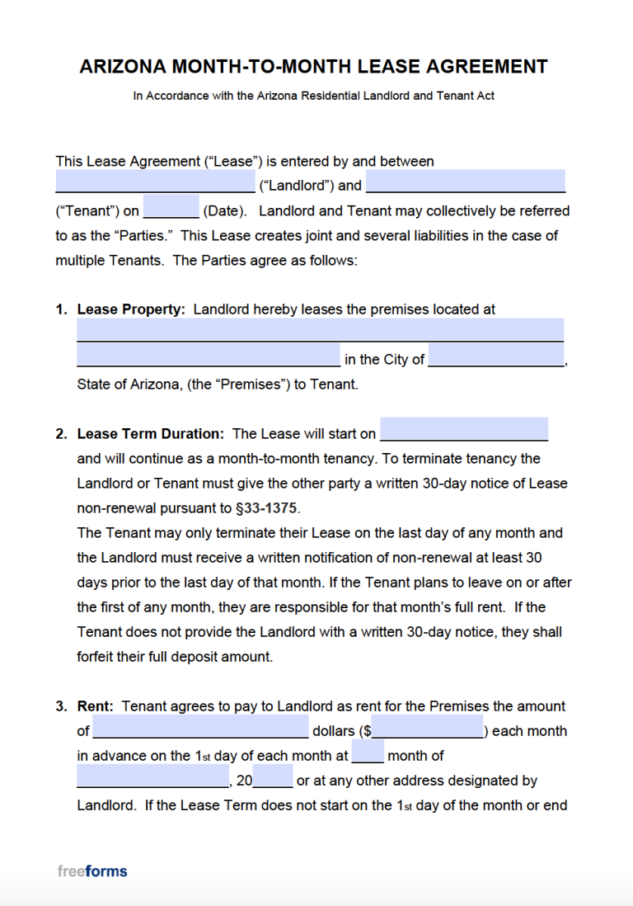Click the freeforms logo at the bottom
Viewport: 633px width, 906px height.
coord(92,871)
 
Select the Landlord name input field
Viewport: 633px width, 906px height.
coord(155,182)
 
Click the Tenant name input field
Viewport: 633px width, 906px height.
coord(465,182)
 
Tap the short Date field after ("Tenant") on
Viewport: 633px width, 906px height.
coord(171,207)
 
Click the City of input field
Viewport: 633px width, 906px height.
coord(496,356)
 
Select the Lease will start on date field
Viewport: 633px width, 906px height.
coord(464,430)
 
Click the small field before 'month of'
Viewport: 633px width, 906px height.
coord(368,753)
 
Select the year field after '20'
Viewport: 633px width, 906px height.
coord(273,777)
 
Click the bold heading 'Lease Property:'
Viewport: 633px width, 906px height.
coord(131,310)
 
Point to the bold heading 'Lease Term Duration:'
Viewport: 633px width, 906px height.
coord(150,434)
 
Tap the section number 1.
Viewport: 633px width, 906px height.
coord(61,310)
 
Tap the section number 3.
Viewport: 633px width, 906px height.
coord(61,706)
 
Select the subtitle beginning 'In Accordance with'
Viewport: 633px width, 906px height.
coord(313,96)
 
